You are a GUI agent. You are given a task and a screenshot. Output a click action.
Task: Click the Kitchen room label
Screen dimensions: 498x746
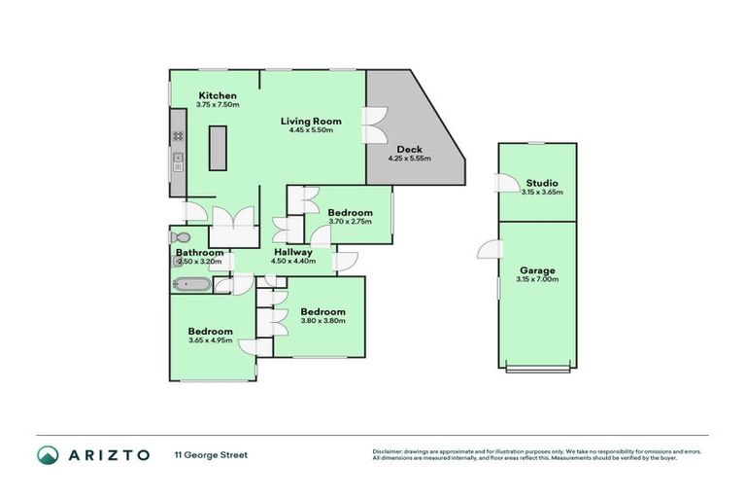click(217, 95)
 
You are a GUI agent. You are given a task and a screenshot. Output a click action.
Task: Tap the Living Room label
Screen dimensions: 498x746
click(311, 121)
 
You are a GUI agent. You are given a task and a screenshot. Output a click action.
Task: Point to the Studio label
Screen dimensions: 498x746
click(542, 183)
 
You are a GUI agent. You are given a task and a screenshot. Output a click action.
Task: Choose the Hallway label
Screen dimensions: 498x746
click(292, 252)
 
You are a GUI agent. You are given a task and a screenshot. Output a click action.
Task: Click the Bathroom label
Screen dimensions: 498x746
click(199, 252)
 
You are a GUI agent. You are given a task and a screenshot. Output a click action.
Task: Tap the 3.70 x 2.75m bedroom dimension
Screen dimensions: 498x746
click(350, 222)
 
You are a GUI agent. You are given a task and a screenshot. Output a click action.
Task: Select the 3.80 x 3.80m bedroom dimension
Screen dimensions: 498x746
click(322, 321)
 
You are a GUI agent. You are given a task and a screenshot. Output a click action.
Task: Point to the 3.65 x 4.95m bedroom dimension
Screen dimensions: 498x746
click(210, 340)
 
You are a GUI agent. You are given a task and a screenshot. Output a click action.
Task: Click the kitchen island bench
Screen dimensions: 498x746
click(218, 149)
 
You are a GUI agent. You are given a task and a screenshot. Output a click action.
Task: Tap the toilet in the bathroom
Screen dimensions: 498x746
click(181, 237)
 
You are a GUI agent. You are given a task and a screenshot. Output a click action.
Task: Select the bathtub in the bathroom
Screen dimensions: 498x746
click(191, 285)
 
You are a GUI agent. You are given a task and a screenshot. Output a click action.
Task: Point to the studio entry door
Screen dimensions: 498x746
click(503, 183)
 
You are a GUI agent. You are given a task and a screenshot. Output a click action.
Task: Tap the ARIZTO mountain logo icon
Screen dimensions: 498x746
click(49, 455)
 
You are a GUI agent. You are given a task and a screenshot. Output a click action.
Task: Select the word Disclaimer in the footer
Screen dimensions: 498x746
click(388, 452)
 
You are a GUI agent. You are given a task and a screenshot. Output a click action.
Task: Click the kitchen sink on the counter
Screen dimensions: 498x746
click(179, 160)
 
